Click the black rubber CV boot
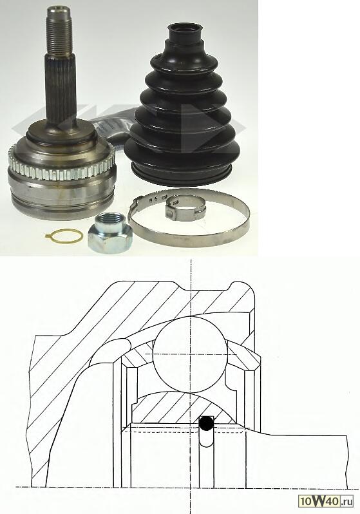182,105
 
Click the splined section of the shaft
61,88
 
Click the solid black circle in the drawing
206,423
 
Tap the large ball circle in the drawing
191,354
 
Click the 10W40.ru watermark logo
326,500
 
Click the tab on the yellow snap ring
48,235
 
